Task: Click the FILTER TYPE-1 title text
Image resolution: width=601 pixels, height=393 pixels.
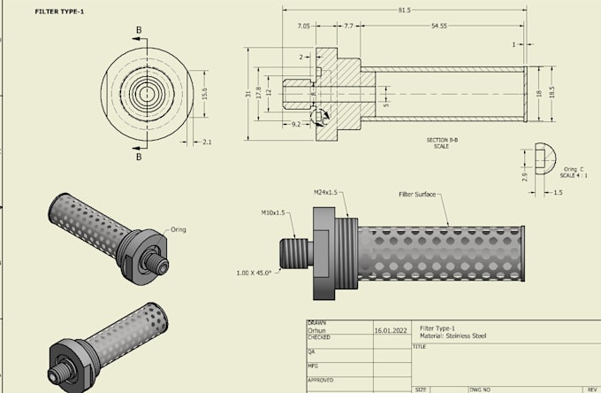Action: click(59, 13)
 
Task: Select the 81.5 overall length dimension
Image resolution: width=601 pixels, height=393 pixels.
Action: click(404, 11)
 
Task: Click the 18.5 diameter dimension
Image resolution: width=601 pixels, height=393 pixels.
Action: click(552, 91)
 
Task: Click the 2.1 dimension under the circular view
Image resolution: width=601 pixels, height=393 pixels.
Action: click(207, 142)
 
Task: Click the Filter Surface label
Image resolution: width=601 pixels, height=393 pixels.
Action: click(418, 195)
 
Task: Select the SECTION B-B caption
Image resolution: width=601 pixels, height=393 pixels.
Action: click(441, 140)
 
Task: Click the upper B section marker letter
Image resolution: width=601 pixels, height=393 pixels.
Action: click(138, 29)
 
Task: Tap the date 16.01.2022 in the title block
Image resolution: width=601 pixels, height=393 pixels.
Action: click(391, 329)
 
